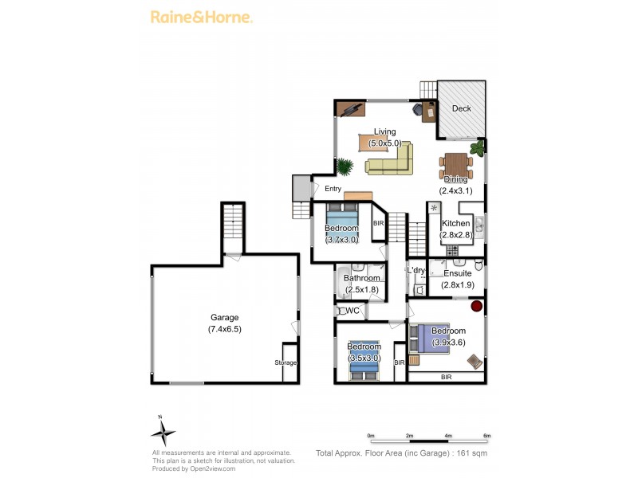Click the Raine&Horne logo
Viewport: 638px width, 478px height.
coord(202,17)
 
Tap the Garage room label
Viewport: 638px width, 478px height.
coord(224,317)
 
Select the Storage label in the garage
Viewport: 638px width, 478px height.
coord(286,362)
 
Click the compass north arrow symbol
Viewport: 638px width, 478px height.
coord(163,433)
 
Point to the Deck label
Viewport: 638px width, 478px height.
coord(462,108)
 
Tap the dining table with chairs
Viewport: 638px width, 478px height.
coord(455,166)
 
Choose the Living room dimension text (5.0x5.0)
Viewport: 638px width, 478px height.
coord(384,143)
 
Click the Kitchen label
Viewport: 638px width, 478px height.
coord(456,223)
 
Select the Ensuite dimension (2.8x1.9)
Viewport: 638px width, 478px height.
coord(457,284)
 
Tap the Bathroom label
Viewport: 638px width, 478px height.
coord(360,278)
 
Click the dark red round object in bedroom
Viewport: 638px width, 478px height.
coord(477,306)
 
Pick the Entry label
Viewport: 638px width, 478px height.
coord(333,189)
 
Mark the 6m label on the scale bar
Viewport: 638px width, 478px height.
coord(486,436)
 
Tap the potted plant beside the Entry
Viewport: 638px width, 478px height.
coord(345,167)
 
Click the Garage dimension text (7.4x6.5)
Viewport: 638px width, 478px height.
coord(224,328)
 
